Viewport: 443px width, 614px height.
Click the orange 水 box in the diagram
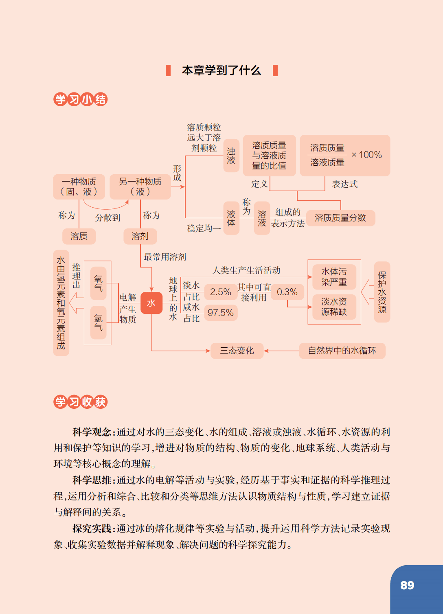click(x=151, y=303)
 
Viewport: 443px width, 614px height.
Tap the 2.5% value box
click(x=221, y=292)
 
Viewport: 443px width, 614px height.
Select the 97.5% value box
click(x=221, y=313)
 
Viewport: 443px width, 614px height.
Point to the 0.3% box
click(x=287, y=292)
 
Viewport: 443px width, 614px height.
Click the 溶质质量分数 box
click(x=340, y=218)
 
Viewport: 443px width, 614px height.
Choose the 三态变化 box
click(x=237, y=351)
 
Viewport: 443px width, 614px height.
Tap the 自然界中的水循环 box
click(x=342, y=351)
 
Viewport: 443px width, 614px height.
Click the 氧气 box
click(x=99, y=283)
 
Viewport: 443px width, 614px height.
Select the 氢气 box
click(x=99, y=322)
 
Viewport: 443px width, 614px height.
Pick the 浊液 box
click(x=231, y=156)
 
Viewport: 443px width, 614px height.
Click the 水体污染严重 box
click(x=334, y=277)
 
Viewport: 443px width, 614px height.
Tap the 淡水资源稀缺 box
click(x=334, y=307)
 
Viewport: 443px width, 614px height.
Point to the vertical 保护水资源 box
click(x=382, y=292)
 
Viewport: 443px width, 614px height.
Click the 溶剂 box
click(x=140, y=236)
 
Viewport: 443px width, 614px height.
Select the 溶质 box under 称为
click(x=79, y=236)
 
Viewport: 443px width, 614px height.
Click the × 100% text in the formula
click(x=366, y=155)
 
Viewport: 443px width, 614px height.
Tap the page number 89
click(x=407, y=585)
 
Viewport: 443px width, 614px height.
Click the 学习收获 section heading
click(x=80, y=402)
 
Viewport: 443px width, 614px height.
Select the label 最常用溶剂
click(x=165, y=257)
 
